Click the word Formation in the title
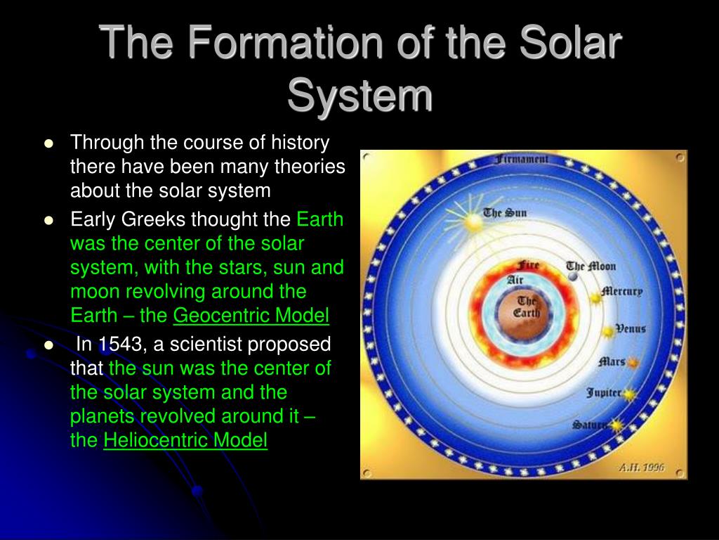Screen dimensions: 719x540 coord(285,42)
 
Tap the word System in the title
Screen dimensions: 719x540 coord(360,95)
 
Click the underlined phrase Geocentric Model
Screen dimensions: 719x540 coord(251,316)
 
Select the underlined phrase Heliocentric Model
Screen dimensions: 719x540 coord(185,440)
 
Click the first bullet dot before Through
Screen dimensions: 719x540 coord(48,143)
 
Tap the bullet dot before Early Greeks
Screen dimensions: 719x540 coord(48,220)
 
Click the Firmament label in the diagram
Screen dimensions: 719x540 coord(522,160)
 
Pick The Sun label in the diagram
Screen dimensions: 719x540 coord(505,213)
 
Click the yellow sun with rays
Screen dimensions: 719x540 coord(473,222)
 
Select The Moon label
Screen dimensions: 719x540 coord(591,266)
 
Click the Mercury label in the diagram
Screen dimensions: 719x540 coord(622,292)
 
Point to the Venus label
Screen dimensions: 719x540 coord(631,328)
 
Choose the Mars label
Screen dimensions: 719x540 coord(612,362)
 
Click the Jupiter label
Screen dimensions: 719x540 coord(604,393)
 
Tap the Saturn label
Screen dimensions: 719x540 coord(590,425)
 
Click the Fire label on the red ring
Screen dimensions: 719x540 coord(528,265)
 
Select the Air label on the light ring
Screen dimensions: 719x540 coord(515,279)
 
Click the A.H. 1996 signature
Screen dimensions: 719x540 coord(642,468)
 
